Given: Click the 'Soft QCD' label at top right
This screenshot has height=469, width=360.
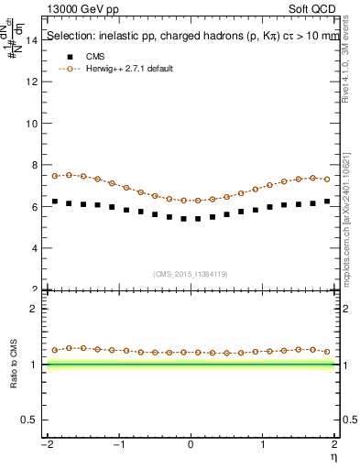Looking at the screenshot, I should coord(313,7).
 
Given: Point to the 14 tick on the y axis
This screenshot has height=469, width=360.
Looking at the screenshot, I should coord(30,40).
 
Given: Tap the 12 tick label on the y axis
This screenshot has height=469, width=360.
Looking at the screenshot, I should coord(30,82).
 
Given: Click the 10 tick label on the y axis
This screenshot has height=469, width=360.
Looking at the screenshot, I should coord(30,124).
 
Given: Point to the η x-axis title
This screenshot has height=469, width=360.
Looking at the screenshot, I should coord(335,455).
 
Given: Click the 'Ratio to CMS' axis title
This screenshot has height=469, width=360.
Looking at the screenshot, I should coord(14,364).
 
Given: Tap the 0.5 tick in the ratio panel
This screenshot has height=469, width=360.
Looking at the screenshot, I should coord(28,420).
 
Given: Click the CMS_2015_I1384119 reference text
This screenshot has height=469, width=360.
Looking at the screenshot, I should coord(191,273).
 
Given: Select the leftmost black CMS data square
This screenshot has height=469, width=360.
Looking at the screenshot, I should coord(55,202).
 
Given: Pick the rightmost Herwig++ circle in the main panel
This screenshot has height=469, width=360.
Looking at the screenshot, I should coord(327,180).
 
